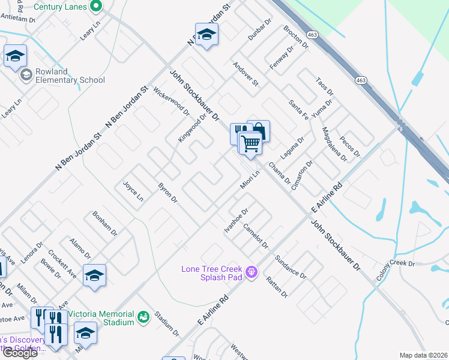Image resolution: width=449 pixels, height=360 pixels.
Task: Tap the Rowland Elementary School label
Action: [x=70, y=76]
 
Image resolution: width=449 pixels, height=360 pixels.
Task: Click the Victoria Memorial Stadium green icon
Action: [x=143, y=317]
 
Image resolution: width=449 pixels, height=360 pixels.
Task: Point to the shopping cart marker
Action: [x=250, y=143]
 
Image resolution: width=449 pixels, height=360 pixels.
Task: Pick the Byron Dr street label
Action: [x=167, y=192]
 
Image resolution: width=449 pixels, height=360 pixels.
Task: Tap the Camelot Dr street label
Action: [x=256, y=236]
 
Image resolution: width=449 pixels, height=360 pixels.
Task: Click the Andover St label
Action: [x=245, y=74]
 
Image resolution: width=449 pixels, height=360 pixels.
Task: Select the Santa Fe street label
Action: [x=299, y=109]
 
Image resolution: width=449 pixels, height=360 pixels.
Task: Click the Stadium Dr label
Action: [x=167, y=323]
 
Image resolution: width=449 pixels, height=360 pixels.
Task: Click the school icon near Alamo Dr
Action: [x=94, y=276]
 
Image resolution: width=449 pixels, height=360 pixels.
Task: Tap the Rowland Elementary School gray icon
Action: [x=26, y=76]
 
